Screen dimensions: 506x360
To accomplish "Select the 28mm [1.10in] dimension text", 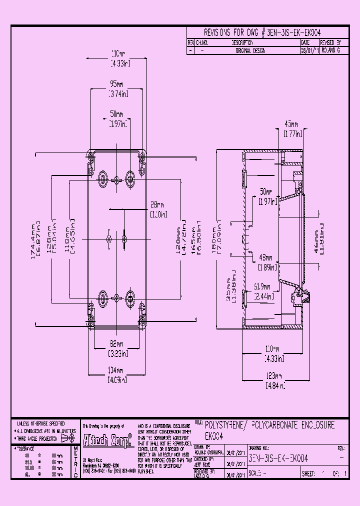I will pos(157,209).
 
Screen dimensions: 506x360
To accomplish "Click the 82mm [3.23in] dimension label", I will pos(116,347).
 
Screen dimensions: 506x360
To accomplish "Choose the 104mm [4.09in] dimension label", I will pos(116,374).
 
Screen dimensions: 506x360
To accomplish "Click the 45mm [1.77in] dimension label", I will pos(291,128).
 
